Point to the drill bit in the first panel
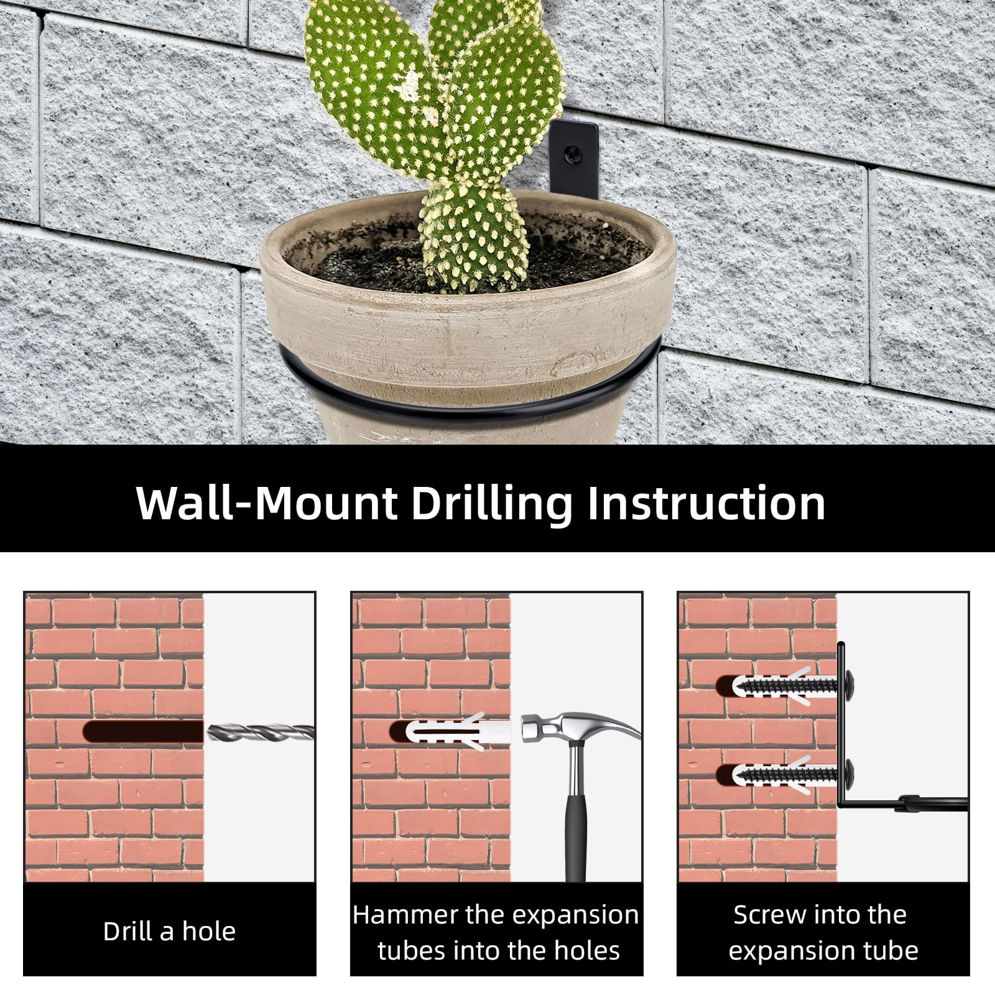(x=260, y=733)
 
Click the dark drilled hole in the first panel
(x=144, y=731)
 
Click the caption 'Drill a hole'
(x=169, y=932)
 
